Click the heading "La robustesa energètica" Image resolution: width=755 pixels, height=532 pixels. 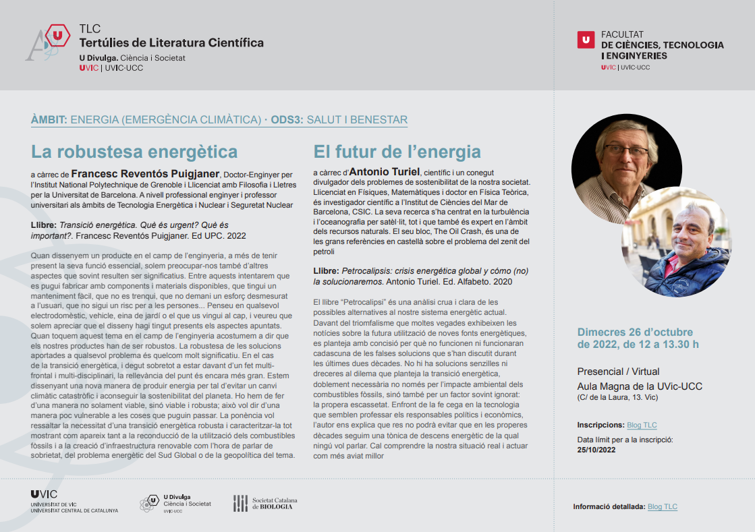tap(134, 151)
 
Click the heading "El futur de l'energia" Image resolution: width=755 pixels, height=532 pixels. tap(397, 151)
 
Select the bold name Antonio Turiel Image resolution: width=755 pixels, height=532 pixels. tap(384, 173)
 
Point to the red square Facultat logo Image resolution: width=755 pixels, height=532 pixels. tap(586, 40)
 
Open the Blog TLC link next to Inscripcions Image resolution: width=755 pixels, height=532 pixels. tap(642, 425)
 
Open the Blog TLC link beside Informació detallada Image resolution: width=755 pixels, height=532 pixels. tap(662, 507)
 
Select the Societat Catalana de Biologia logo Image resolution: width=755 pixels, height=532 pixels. tap(265, 503)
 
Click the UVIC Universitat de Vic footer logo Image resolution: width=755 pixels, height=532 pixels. tap(74, 502)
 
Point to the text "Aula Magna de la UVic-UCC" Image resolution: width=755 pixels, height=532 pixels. tap(640, 386)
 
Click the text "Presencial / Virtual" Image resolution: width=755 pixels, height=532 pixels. tap(618, 372)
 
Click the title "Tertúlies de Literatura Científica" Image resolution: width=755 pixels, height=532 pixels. tap(171, 43)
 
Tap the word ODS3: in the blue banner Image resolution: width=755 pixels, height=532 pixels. tap(287, 120)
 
